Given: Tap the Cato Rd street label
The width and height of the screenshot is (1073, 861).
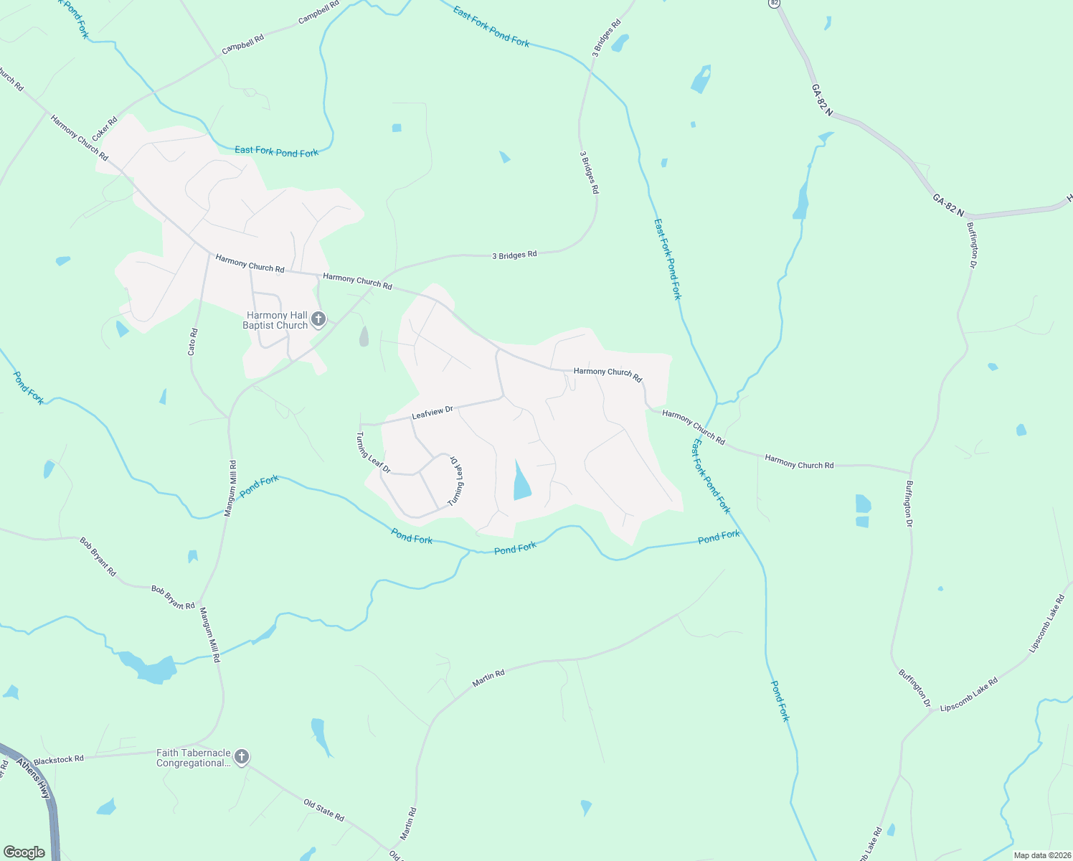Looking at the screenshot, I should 192,342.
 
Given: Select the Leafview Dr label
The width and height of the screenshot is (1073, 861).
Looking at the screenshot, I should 432,413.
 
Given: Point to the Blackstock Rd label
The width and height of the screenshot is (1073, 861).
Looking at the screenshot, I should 59,759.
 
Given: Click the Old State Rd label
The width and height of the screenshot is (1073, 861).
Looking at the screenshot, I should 323,810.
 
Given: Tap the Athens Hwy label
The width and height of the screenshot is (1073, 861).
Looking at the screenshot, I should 34,778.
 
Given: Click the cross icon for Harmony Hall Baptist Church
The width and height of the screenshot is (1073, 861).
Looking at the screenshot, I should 318,319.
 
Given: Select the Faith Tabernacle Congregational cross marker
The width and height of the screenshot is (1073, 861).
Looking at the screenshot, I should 242,757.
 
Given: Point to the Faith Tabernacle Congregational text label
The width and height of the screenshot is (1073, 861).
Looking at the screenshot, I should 194,758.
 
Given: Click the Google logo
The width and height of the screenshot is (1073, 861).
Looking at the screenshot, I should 24,852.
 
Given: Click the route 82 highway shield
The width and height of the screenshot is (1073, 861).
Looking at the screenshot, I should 773,3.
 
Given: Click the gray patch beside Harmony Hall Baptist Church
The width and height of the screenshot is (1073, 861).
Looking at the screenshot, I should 364,337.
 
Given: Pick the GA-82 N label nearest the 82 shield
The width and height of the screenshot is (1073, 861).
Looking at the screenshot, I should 822,100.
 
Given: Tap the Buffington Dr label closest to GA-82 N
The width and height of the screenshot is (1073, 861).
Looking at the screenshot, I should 972,245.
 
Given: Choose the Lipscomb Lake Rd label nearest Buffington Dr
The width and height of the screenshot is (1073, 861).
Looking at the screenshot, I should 968,695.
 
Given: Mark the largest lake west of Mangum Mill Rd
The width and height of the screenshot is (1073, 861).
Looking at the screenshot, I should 151,669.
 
